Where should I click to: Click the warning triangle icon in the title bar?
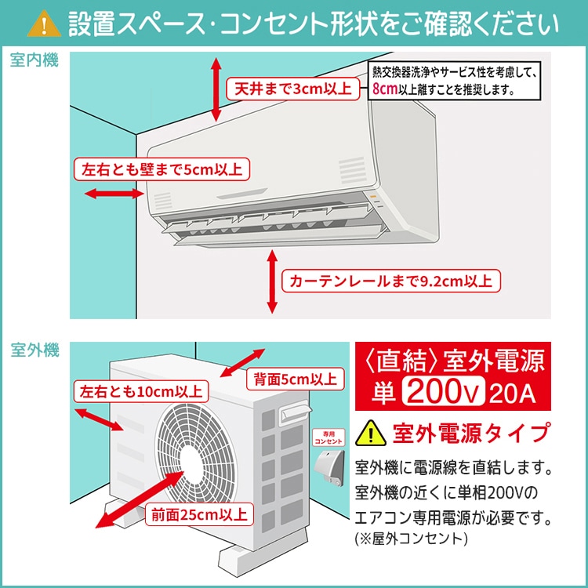[x=44, y=24]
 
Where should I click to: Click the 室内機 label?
[x=34, y=61]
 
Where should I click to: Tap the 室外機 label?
[x=34, y=350]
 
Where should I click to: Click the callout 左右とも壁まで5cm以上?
[x=162, y=168]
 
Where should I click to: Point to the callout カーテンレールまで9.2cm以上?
[x=391, y=281]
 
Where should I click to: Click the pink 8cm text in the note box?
[x=384, y=89]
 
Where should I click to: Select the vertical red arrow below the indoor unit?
[x=271, y=281]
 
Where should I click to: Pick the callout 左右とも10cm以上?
[x=139, y=391]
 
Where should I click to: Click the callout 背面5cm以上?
[x=294, y=379]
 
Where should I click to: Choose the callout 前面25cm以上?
[x=198, y=514]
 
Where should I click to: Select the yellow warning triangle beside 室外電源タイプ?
[x=368, y=431]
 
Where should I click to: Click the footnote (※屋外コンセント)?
[x=412, y=539]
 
